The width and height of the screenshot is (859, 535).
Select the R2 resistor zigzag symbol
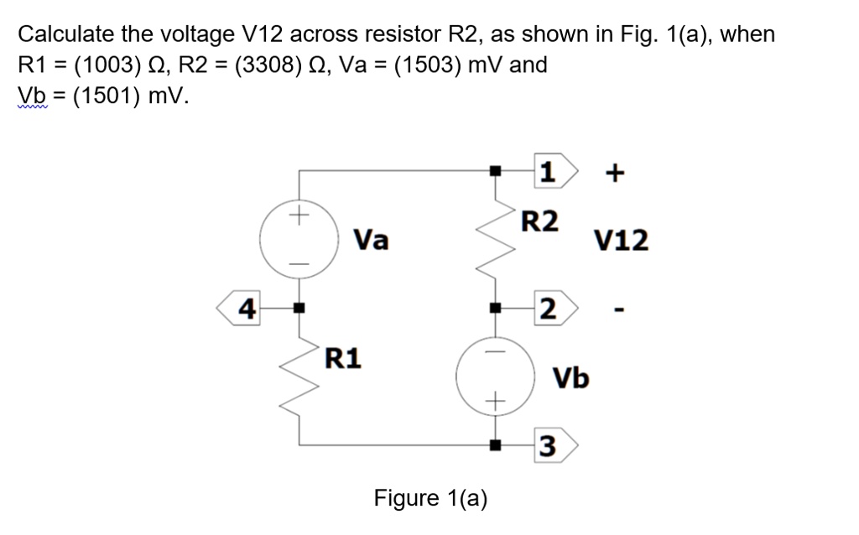496,240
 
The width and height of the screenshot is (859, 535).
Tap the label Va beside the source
370,241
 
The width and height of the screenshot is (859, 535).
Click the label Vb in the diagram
570,377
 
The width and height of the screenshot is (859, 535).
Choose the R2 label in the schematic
539,222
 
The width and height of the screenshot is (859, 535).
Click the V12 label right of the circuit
621,242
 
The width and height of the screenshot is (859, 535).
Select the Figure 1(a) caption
430,498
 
